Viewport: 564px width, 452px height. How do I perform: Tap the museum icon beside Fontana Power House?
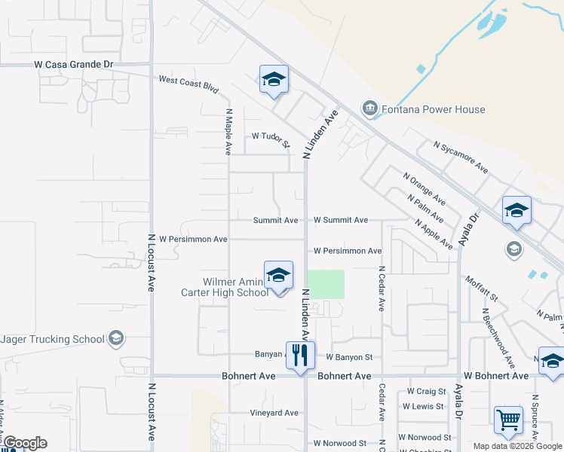[x=370, y=109]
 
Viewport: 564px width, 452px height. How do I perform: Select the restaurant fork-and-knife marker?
[x=300, y=353]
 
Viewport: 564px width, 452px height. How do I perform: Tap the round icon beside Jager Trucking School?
[x=115, y=338]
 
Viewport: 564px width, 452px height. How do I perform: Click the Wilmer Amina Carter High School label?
[x=225, y=287]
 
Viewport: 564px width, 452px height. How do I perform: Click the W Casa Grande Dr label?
[x=73, y=65]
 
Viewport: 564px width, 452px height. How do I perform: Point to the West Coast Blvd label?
[x=189, y=83]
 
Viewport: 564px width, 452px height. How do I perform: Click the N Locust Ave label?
[x=152, y=262]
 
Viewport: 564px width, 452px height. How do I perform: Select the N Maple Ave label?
[x=228, y=131]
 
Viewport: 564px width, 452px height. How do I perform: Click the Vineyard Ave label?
[x=274, y=413]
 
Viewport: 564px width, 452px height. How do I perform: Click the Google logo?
[x=24, y=442]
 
